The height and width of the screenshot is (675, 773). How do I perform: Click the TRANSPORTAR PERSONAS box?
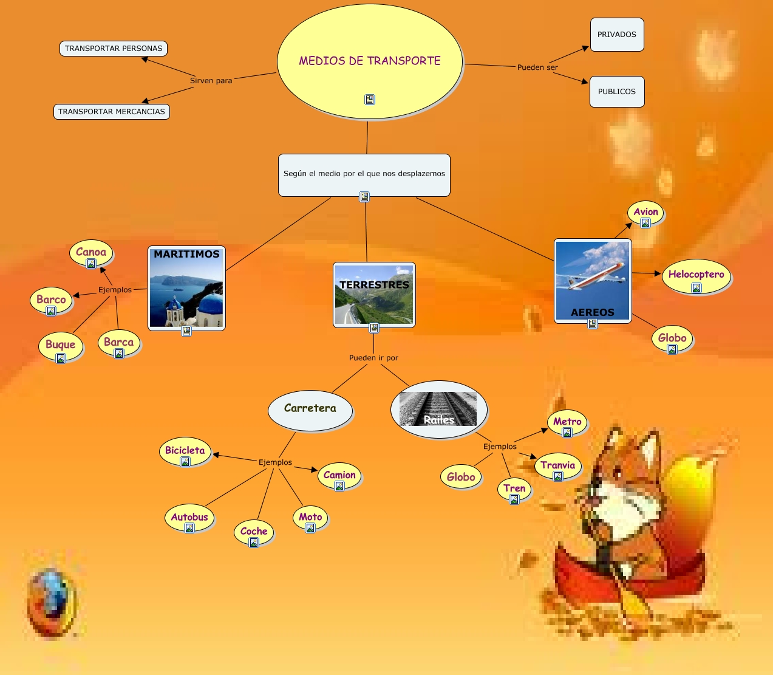pyautogui.click(x=114, y=49)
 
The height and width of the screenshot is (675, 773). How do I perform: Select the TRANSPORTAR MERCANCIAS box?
pyautogui.click(x=112, y=112)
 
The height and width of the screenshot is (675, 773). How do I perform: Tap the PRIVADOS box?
pyautogui.click(x=617, y=35)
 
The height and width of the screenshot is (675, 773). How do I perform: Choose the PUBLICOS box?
pyautogui.click(x=617, y=92)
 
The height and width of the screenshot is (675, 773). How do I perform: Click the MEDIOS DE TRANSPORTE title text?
pyautogui.click(x=370, y=61)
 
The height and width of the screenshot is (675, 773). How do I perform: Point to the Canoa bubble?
pyautogui.click(x=91, y=253)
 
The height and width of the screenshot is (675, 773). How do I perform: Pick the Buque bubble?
pyautogui.click(x=61, y=345)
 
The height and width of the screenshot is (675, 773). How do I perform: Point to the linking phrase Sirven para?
pyautogui.click(x=211, y=81)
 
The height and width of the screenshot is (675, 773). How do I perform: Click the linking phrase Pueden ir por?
pyautogui.click(x=373, y=358)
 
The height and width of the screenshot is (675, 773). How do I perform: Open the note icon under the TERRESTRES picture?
pyautogui.click(x=374, y=328)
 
